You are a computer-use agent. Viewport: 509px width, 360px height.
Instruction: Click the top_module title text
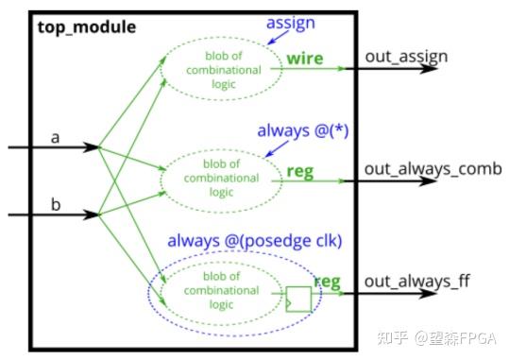coord(87,26)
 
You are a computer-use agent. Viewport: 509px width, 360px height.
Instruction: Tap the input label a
coord(55,138)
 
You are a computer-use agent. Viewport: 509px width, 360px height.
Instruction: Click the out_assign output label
coord(406,58)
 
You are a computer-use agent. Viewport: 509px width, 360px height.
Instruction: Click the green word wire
coord(305,59)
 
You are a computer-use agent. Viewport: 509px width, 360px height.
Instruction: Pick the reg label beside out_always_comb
coord(300,173)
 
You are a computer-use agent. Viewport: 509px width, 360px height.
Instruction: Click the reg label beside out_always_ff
coord(327,281)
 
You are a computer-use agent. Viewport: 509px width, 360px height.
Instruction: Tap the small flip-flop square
coord(298,299)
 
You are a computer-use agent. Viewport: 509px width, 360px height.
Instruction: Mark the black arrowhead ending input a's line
coord(93,147)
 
